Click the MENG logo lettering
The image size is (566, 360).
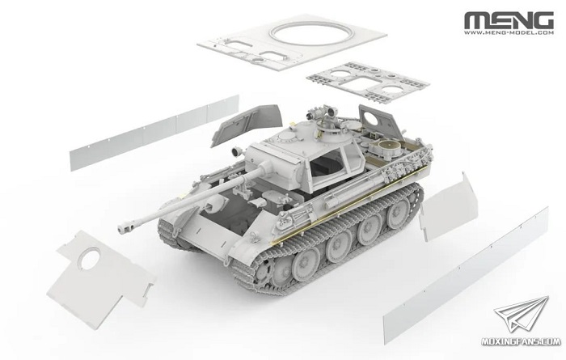click(509, 20)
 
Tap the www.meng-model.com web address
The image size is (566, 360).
click(509, 32)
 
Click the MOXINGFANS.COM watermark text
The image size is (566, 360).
click(521, 341)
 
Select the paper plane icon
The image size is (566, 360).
click(522, 314)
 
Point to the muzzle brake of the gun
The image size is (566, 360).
click(125, 227)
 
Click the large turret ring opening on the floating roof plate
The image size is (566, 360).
click(310, 34)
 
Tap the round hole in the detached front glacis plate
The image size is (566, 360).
click(90, 258)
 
